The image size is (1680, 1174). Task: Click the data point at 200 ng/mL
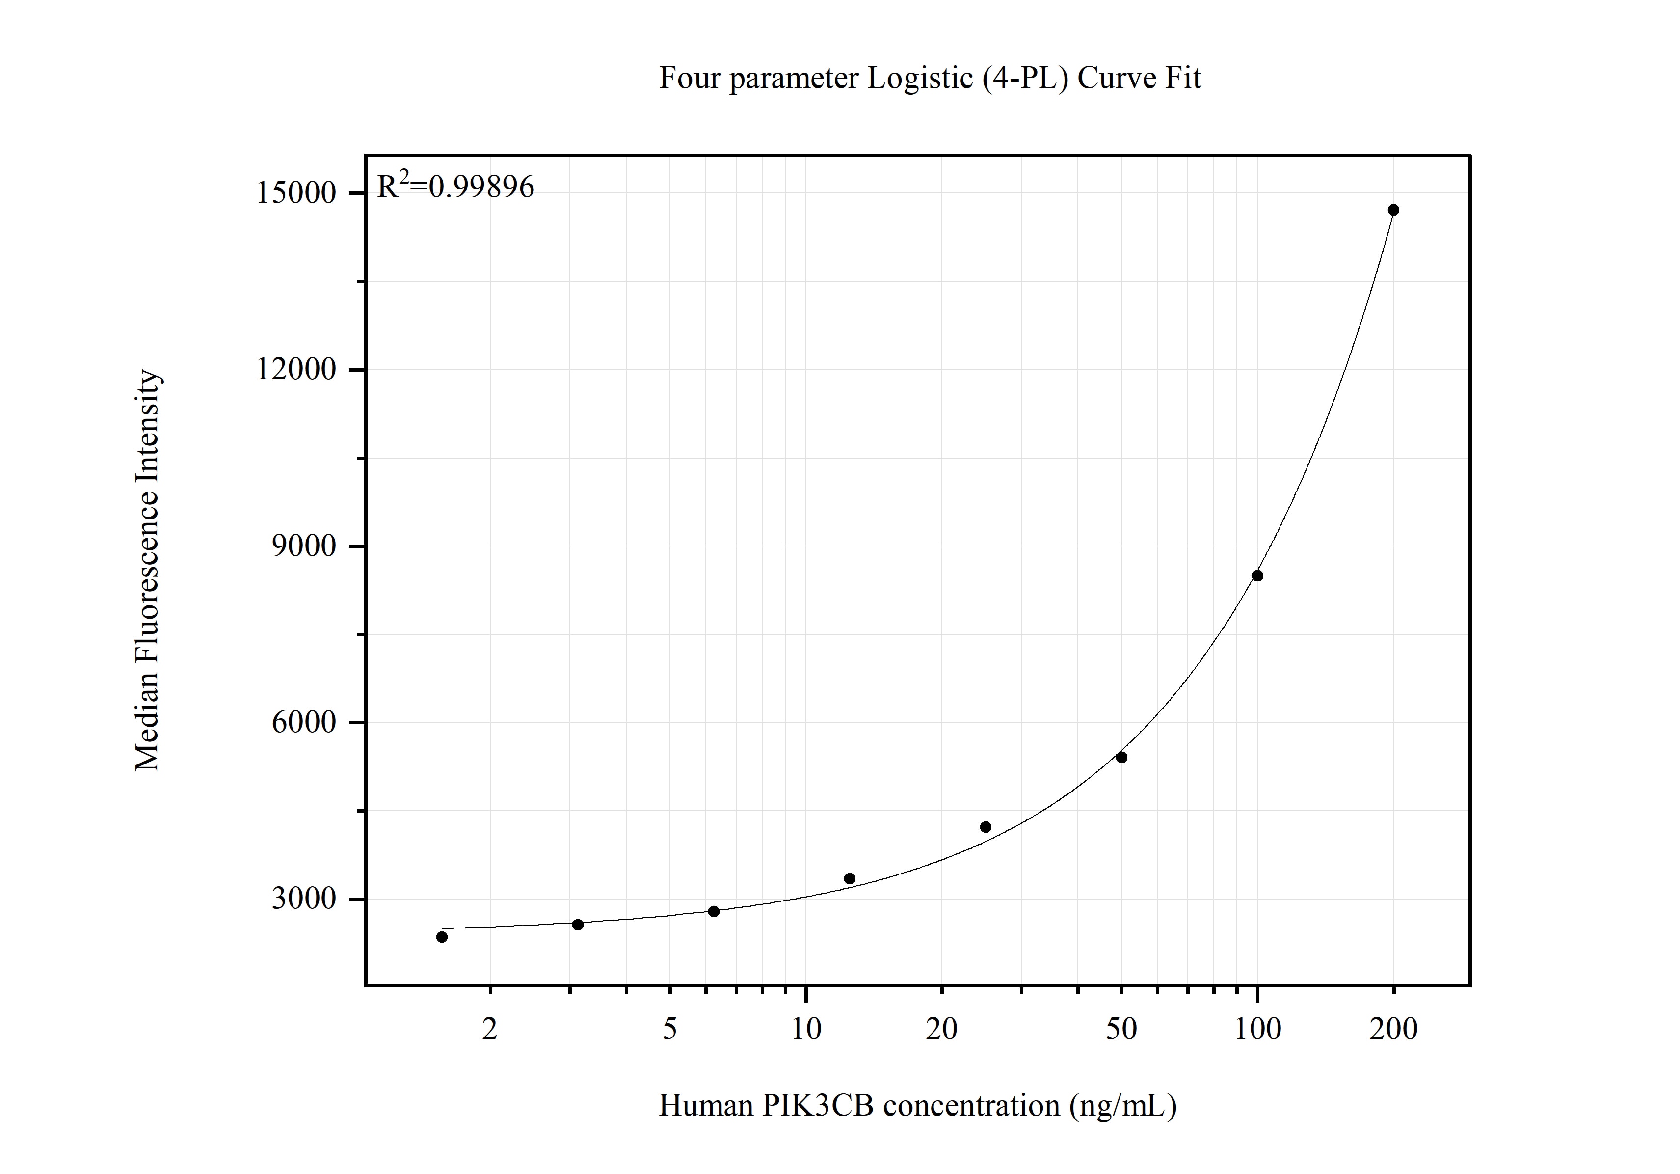pyautogui.click(x=1393, y=210)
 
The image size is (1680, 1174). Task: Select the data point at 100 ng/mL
pyautogui.click(x=1257, y=575)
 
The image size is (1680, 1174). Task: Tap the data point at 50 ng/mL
pyautogui.click(x=1121, y=757)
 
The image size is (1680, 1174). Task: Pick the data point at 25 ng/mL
pyautogui.click(x=985, y=827)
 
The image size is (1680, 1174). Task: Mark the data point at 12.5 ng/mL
pyautogui.click(x=850, y=878)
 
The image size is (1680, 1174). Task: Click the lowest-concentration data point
pyautogui.click(x=441, y=937)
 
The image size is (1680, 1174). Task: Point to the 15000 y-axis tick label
pyautogui.click(x=295, y=193)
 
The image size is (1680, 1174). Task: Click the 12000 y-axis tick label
pyautogui.click(x=295, y=370)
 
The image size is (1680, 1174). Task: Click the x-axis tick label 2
pyautogui.click(x=489, y=1030)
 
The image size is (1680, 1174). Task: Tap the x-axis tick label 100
pyautogui.click(x=1257, y=1030)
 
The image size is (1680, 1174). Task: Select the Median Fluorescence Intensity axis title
pyautogui.click(x=147, y=570)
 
